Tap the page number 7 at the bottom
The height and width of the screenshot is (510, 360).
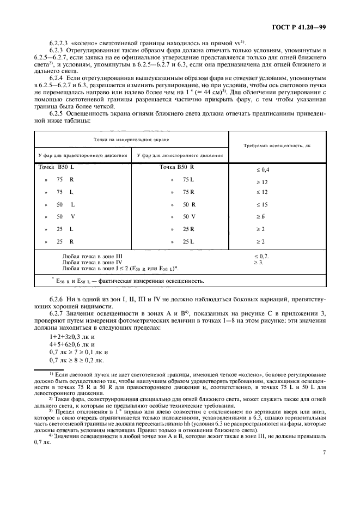tap(324, 451)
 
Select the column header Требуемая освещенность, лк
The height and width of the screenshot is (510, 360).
tap(277, 146)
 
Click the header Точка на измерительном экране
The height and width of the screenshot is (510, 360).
tap(131, 139)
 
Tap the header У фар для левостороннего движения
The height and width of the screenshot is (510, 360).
tap(180, 155)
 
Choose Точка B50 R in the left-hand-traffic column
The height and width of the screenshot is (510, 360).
tap(177, 167)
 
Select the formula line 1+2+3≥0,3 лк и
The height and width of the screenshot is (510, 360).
tap(72, 337)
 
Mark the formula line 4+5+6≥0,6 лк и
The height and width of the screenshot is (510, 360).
tap(72, 345)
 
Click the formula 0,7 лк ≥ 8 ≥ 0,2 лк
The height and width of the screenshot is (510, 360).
tap(75, 360)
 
